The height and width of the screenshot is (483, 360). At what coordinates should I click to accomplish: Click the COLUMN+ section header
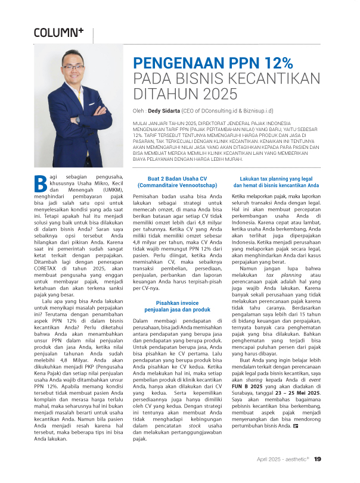[x=58, y=32]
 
